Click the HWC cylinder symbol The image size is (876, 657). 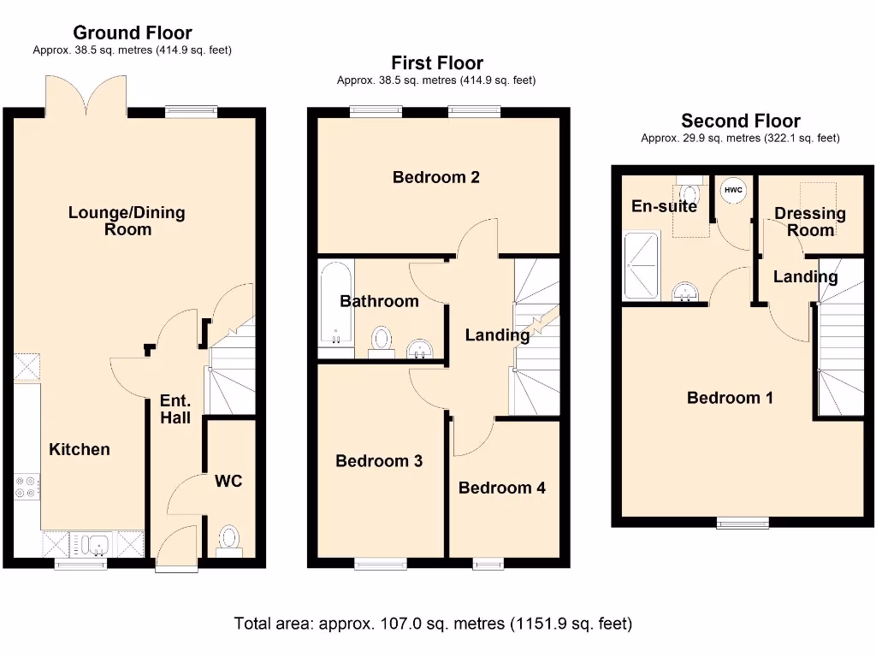pos(733,190)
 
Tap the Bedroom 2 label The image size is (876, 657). pos(435,177)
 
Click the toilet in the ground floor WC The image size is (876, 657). pos(229,540)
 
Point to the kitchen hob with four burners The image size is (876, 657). pos(25,486)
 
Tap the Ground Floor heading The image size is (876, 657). pos(132,33)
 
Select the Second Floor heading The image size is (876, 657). pos(740,121)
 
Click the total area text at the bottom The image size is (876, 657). pos(433,624)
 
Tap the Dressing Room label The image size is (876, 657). pos(809,222)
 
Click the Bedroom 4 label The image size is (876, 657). pos(501,488)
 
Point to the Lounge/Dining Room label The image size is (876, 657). pos(127,221)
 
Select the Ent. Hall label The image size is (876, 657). pos(175,409)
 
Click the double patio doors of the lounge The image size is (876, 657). pos(86,96)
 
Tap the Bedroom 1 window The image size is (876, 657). pos(742,523)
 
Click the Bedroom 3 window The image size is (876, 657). pos(381,563)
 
